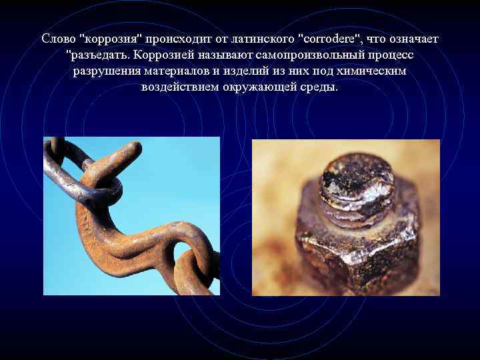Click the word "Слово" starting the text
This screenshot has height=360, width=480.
[x=58, y=39]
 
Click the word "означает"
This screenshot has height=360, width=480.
[x=414, y=39]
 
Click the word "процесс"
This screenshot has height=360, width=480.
[x=397, y=55]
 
